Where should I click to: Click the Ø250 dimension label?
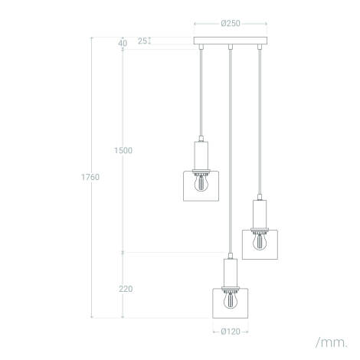click(x=231, y=23)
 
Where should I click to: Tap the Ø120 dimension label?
click(x=231, y=332)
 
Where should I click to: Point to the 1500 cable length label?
click(x=122, y=150)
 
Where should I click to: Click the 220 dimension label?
click(x=126, y=289)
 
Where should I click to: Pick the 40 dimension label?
click(x=123, y=43)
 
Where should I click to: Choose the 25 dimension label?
click(x=142, y=41)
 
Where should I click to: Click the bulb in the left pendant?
click(x=201, y=183)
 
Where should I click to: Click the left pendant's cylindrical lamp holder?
click(x=201, y=155)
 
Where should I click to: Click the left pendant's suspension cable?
click(x=201, y=92)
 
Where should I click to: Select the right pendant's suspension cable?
click(x=259, y=123)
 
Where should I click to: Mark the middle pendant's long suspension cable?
click(x=230, y=153)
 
